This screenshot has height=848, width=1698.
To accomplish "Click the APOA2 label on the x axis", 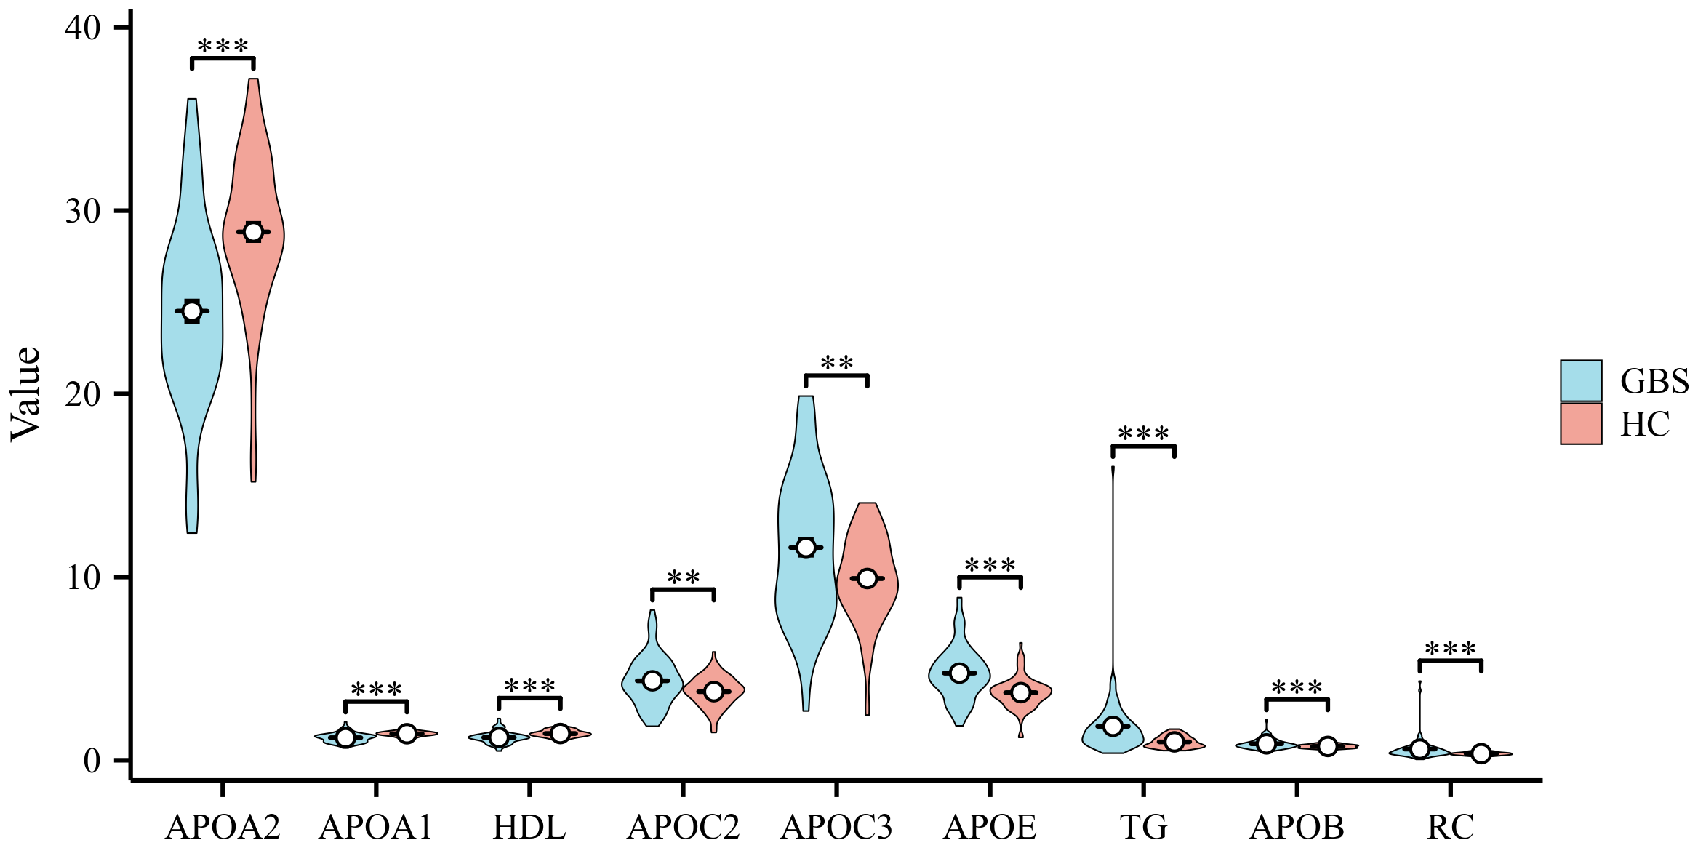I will point(223,827).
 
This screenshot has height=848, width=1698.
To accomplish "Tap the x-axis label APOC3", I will point(836,827).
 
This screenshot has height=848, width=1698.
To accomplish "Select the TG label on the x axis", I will point(1143,827).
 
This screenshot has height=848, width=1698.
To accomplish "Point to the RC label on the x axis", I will point(1450,827).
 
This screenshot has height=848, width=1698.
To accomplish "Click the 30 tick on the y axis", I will point(83,211).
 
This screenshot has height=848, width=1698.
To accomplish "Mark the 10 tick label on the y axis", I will point(83,577).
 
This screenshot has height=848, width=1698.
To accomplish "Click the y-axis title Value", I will point(26,394).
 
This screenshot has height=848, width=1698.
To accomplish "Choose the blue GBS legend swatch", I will point(1581,380).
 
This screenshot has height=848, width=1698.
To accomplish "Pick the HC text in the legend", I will point(1645,424).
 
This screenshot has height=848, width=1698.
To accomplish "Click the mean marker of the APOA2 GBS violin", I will point(192,311).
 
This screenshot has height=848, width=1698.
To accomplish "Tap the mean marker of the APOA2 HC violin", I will point(253,232).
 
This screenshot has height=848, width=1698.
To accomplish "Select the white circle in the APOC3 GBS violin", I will point(806,547).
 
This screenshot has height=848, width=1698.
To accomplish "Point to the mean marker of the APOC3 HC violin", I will point(867,578).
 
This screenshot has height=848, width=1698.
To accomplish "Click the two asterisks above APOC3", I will point(836,363).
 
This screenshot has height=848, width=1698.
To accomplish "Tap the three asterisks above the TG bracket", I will point(1143,434).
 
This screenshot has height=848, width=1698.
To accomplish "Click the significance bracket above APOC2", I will point(683,590).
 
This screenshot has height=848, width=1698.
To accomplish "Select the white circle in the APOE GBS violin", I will point(959,673).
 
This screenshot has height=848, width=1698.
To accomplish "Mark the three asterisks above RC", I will point(1450,649).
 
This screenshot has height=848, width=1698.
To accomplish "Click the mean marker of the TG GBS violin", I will point(1113,726).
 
